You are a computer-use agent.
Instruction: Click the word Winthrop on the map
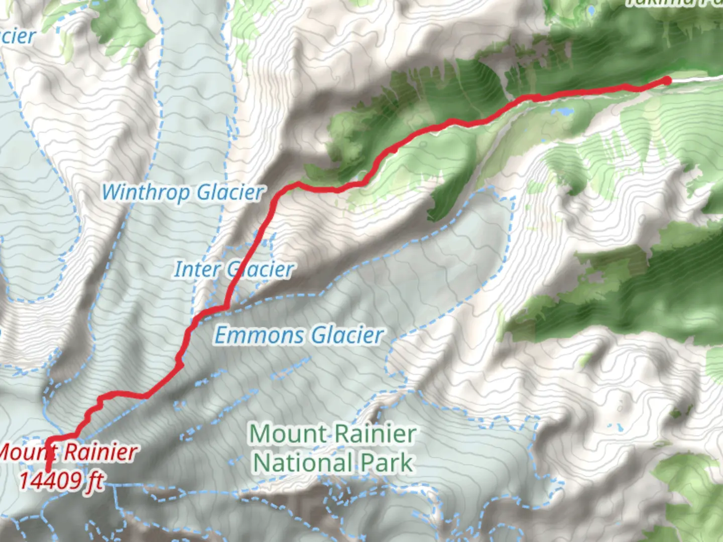pos(146,193)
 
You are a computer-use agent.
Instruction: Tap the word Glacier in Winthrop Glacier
pos(230,193)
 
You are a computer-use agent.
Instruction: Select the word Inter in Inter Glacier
pos(197,270)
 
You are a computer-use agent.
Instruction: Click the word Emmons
pos(260,335)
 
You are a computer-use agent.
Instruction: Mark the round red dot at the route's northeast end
pos(667,80)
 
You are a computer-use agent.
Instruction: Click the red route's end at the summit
pos(48,470)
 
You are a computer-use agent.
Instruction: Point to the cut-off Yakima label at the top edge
pos(673,3)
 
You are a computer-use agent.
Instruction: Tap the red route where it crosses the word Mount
pos(49,452)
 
